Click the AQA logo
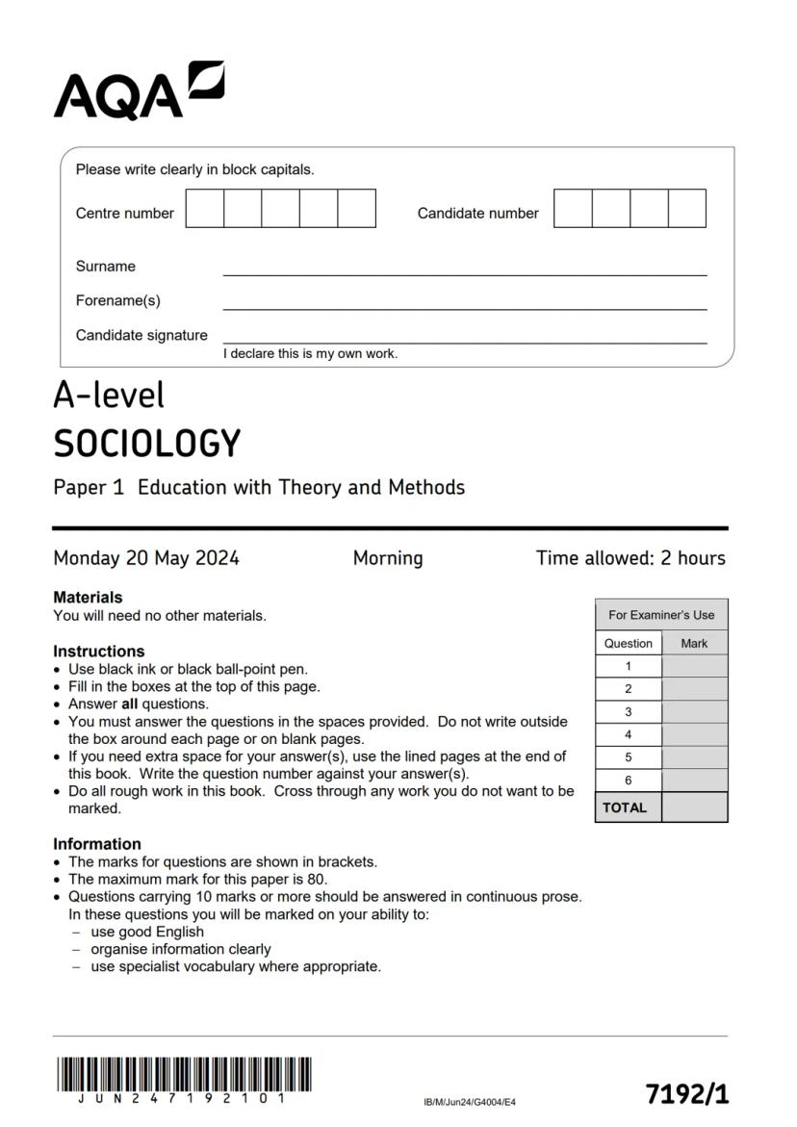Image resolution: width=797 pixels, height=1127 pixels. click(x=139, y=91)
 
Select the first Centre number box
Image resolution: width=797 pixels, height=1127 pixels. click(x=204, y=209)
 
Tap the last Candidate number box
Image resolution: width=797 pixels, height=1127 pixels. click(x=686, y=209)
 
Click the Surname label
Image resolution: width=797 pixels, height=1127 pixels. click(x=106, y=267)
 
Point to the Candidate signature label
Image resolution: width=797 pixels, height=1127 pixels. click(x=141, y=335)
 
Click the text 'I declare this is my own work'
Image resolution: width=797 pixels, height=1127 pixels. click(x=310, y=354)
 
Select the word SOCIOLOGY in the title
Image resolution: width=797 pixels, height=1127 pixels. click(x=146, y=444)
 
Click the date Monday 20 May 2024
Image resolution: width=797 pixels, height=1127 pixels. click(x=146, y=558)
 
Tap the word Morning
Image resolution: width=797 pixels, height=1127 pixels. click(x=387, y=558)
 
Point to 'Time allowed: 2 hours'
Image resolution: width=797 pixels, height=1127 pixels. click(x=630, y=558)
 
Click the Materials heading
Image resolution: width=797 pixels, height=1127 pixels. click(x=88, y=598)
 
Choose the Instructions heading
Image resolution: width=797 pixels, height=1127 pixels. click(x=98, y=652)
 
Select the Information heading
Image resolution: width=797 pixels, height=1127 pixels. click(x=96, y=844)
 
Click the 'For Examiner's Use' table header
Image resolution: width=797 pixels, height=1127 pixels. click(x=661, y=615)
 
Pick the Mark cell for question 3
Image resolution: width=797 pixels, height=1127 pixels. click(x=694, y=712)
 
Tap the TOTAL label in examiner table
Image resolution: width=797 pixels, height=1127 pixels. click(x=625, y=808)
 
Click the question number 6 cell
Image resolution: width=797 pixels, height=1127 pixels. click(x=629, y=781)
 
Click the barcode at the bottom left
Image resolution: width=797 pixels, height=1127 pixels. click(x=183, y=1075)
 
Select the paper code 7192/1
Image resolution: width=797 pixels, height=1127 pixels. click(x=686, y=1094)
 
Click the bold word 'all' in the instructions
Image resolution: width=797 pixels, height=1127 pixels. click(x=129, y=704)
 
